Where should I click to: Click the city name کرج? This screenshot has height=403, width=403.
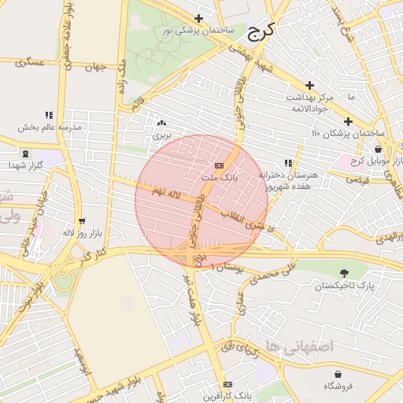coord(261,32)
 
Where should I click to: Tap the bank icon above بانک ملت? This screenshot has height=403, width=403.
coord(219,165)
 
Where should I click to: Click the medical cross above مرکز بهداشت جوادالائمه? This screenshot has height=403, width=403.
coord(309,85)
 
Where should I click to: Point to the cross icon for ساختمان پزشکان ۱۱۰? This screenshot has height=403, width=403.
coord(347,121)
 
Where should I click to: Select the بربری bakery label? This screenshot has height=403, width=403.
coord(161,135)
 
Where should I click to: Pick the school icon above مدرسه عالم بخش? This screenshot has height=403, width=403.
coord(49,115)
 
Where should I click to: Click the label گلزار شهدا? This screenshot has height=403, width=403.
coord(25,165)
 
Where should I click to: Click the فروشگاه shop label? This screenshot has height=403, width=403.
coord(338,386)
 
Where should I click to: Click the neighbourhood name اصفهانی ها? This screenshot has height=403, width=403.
coord(300,346)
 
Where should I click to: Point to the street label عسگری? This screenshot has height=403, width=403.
coord(29,62)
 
